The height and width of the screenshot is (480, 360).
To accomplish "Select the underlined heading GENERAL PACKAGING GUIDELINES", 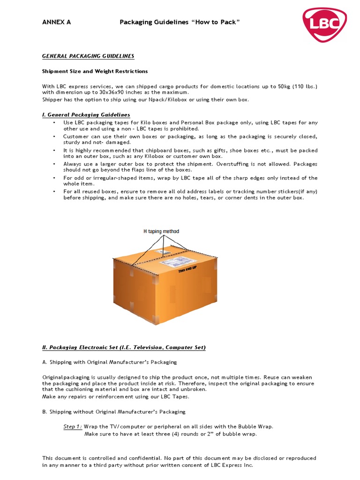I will coord(88,56).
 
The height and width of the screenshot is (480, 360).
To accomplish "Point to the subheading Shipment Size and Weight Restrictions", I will coord(95,71).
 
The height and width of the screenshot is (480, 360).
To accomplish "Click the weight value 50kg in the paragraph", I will coord(283,86).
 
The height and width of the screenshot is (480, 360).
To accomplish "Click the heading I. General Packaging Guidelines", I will coord(86,115).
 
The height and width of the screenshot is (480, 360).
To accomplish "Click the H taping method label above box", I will coord(161,232).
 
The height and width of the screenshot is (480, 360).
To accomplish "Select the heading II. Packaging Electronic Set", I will coord(124,347).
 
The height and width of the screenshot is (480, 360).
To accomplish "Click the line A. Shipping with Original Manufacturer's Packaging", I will coord(110,362).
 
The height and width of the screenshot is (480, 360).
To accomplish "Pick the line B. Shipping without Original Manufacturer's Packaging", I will coord(114,412).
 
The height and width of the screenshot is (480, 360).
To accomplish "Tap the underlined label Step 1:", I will coord(73,427).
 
